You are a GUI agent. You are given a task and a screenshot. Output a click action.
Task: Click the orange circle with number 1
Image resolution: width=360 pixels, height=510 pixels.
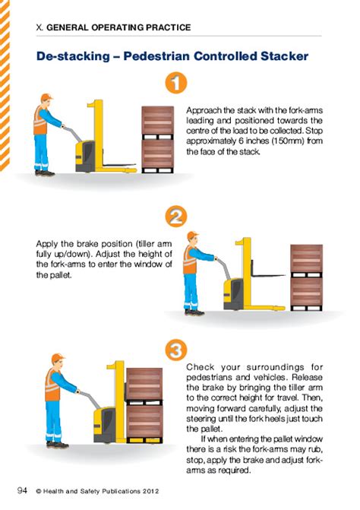(175, 83)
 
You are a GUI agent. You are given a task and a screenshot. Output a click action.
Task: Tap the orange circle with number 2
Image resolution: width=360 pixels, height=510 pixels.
(175, 217)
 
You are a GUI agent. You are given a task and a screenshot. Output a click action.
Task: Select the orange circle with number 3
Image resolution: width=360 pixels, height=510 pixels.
(175, 351)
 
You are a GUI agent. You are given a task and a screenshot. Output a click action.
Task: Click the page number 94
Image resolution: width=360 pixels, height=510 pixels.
(22, 491)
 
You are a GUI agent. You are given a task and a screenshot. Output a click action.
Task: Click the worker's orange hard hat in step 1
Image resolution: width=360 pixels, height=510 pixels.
(46, 97)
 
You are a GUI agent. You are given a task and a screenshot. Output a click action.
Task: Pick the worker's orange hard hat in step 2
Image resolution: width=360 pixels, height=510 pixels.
(193, 236)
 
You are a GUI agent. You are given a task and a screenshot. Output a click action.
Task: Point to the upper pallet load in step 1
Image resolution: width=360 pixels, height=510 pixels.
(158, 120)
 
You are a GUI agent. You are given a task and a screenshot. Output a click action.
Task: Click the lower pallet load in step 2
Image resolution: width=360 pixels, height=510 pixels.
(307, 293)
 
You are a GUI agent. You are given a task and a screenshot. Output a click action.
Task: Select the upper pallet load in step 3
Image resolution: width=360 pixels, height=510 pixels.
(144, 384)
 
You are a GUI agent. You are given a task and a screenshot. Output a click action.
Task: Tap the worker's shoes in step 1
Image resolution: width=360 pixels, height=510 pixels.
(43, 173)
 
